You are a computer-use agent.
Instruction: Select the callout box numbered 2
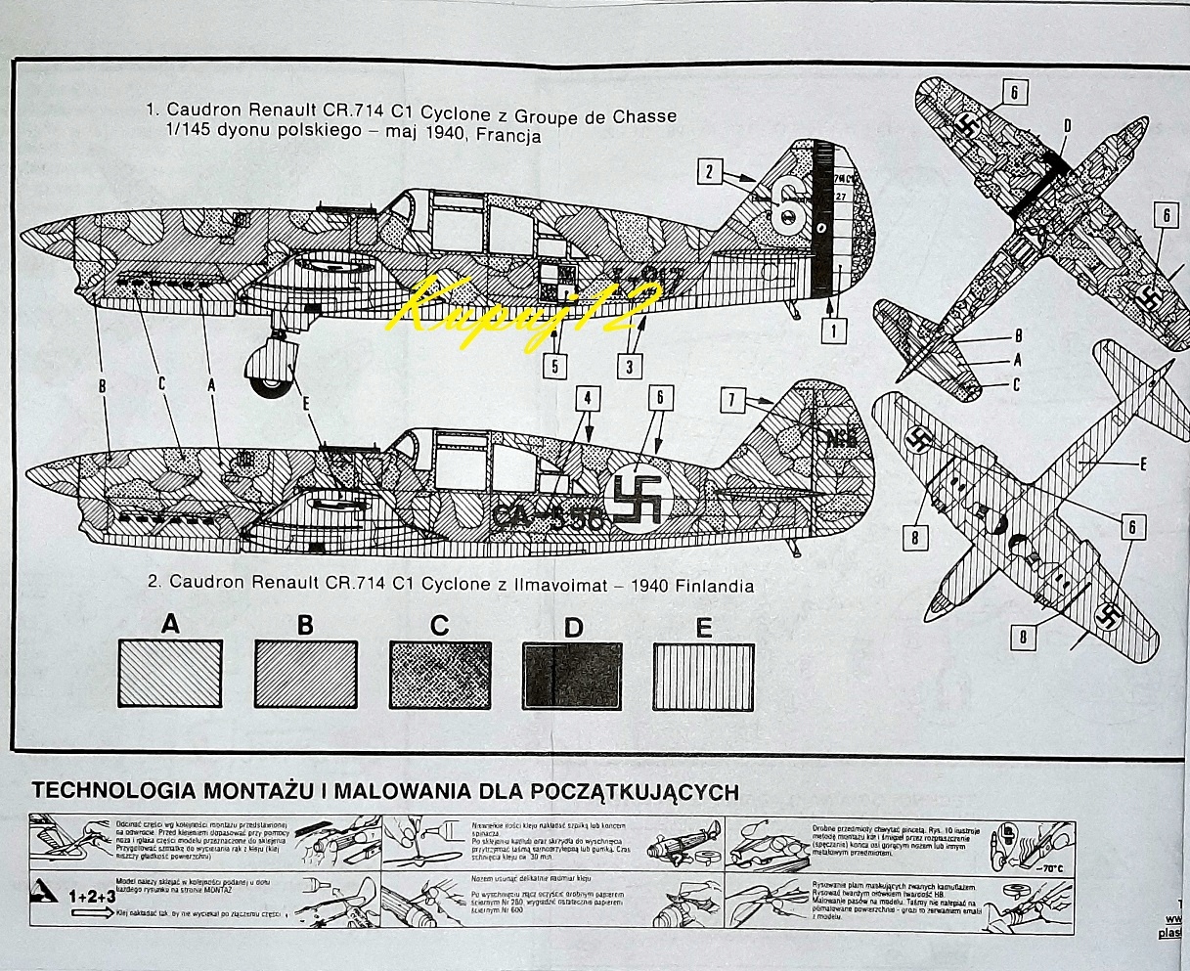pyautogui.click(x=710, y=174)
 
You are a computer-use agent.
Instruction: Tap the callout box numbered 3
pyautogui.click(x=629, y=367)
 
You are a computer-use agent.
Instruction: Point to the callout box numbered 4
pyautogui.click(x=587, y=399)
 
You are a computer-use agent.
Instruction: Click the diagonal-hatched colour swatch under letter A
pyautogui.click(x=170, y=674)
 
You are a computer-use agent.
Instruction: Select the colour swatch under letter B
pyautogui.click(x=305, y=674)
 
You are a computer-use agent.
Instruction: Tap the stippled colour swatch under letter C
pyautogui.click(x=439, y=675)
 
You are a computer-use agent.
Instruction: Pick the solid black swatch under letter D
pyautogui.click(x=572, y=675)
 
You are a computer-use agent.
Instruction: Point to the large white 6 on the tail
pyautogui.click(x=790, y=206)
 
